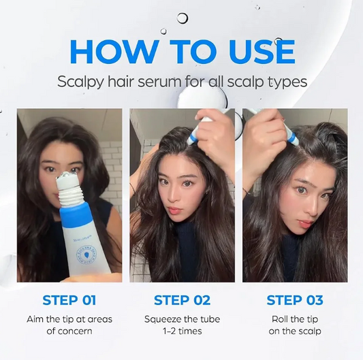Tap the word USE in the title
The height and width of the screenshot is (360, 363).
point(262,52)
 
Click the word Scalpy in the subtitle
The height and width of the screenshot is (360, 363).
point(80,82)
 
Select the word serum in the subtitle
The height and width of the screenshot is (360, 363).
point(160,82)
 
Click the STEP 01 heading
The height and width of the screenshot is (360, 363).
point(69,300)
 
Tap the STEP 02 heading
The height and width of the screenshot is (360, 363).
point(183,300)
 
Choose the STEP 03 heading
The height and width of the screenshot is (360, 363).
point(295,300)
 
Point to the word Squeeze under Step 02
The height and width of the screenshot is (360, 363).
point(159,320)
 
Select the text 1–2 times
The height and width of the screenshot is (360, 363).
point(183,331)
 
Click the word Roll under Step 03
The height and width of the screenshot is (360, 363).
point(279,319)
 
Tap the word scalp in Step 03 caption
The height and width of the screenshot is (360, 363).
point(309,331)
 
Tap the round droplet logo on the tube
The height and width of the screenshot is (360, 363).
point(86,255)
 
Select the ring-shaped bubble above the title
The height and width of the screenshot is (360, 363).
point(183,18)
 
